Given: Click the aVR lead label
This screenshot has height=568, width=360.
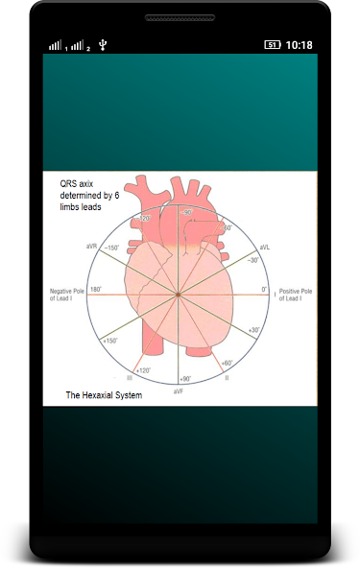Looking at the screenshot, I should coord(91,246).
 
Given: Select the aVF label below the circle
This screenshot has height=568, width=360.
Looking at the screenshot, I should coord(179,391).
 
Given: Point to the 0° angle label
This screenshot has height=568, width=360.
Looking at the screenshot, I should coord(265,289).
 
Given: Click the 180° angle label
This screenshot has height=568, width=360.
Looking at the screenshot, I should coord(96,289).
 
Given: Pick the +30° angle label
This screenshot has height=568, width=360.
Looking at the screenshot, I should coord(253,330).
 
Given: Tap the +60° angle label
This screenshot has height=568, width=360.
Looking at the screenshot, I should coord(227,363).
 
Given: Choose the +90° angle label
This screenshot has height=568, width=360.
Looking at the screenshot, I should coord(185,379).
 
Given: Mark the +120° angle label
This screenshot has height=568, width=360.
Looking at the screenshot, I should coord(141,370).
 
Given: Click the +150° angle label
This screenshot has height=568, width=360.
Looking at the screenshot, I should coord(110,341).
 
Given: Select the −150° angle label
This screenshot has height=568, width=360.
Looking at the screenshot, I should coord(111,248).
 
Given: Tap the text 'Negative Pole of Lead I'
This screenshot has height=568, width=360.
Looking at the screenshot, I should coord(67,295).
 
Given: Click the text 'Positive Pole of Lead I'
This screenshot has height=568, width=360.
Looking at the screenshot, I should coord(295,295).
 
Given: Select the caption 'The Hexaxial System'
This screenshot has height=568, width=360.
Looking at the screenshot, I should coord(104,394).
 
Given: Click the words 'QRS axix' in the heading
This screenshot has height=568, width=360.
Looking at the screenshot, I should coord(77,183).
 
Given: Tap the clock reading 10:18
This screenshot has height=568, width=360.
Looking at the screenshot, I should coord(299,45).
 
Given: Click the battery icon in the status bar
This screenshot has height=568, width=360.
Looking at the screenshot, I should coord(273,45).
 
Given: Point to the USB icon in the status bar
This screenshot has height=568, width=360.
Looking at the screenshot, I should coord(103,45).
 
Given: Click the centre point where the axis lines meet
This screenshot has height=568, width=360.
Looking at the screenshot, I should coord(178,295).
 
